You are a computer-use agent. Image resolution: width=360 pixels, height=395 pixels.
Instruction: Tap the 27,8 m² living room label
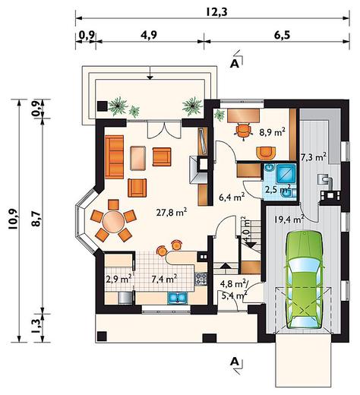(x=172, y=212)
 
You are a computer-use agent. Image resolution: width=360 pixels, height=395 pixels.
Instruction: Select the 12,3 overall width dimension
(x=216, y=11)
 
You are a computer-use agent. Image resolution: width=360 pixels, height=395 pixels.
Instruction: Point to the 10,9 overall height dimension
(x=13, y=220)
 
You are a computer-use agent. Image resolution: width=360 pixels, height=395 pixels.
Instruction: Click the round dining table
(x=113, y=222)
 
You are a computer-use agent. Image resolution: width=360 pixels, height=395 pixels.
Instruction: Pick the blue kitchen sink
(x=177, y=298)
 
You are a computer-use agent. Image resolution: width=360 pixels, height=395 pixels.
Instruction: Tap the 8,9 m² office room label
(x=273, y=132)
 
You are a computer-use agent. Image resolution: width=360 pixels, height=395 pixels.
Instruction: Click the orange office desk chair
(x=244, y=131)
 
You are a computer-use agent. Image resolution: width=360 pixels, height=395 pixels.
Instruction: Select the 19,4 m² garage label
(x=289, y=218)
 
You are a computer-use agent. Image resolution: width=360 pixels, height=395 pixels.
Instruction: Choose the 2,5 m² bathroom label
(x=277, y=189)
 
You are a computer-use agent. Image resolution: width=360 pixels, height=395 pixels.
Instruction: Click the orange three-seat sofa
(x=114, y=157)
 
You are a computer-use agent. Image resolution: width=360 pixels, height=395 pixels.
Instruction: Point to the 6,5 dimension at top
(x=282, y=35)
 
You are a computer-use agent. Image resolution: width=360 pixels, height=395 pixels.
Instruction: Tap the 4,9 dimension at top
(x=149, y=35)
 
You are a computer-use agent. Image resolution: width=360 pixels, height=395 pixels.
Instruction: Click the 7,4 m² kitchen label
(x=164, y=279)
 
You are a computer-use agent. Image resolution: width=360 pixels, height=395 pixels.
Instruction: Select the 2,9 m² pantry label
(x=118, y=279)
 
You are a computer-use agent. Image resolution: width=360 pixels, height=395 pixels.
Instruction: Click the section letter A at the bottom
(x=234, y=362)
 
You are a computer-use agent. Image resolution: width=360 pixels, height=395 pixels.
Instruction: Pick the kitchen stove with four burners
(x=201, y=279)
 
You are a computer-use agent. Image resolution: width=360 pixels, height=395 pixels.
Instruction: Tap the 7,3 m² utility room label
(x=313, y=157)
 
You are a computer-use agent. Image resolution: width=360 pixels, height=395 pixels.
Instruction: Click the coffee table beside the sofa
(x=138, y=158)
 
